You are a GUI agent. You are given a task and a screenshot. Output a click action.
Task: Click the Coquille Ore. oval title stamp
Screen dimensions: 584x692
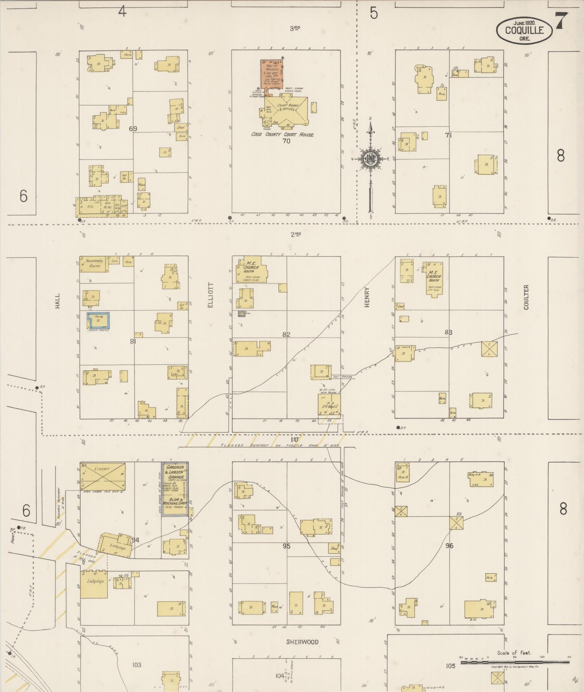coord(524,30)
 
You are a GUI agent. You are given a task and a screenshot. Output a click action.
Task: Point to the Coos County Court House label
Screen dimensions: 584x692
coord(282,135)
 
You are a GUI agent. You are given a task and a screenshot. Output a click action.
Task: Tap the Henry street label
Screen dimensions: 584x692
coord(367,297)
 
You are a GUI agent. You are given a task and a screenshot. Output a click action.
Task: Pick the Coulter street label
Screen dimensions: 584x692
coord(526,297)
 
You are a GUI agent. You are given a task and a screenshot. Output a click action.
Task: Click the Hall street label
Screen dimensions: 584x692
coord(58,301)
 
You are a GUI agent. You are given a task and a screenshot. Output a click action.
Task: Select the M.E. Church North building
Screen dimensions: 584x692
coord(434,277)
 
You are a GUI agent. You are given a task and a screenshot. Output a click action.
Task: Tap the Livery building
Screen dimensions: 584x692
coord(102,476)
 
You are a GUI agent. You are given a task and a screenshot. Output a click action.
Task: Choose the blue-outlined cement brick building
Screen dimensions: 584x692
coord(98,320)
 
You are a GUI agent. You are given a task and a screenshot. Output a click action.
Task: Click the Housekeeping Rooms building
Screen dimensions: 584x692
coord(94,264)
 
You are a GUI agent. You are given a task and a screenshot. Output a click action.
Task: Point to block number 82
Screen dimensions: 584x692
coord(286,335)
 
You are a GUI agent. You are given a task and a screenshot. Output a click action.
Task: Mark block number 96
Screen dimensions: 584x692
coord(449,545)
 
